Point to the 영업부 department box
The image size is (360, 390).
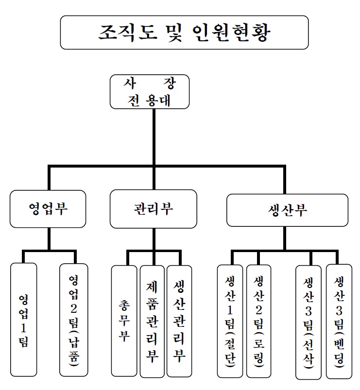48,209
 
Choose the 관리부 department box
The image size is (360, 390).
153,209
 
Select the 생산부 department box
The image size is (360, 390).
287,210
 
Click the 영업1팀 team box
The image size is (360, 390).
23,319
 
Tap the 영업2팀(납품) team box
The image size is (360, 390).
74,319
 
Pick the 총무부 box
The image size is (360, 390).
124,321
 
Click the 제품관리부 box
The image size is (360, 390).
153,321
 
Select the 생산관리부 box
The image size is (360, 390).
179,321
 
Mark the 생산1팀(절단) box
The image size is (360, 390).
230,321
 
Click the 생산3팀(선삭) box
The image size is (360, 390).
309,322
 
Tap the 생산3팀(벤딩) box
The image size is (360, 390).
339,321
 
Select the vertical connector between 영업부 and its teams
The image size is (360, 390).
49,239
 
